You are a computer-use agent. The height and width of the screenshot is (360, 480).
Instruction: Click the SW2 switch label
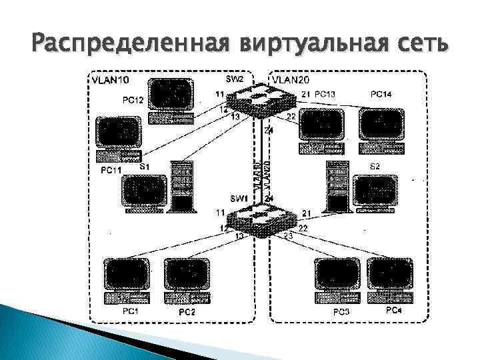(x=235, y=79)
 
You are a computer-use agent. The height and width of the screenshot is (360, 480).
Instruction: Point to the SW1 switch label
(x=239, y=199)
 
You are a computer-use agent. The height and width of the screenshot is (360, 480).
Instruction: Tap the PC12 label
(x=134, y=100)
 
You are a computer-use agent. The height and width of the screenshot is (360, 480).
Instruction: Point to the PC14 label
(x=381, y=95)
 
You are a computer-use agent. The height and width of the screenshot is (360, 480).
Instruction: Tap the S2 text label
(x=375, y=165)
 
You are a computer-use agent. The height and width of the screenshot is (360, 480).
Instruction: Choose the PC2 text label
(x=187, y=312)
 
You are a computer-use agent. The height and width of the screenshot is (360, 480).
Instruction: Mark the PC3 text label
(x=341, y=312)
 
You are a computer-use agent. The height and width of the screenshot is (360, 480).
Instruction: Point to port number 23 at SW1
(x=289, y=236)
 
